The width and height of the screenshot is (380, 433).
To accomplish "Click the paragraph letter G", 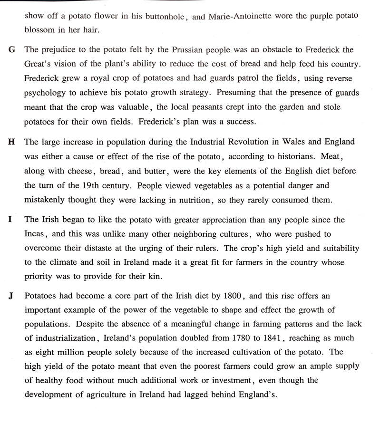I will click(11, 50).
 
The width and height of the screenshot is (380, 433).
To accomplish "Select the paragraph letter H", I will click(11, 142).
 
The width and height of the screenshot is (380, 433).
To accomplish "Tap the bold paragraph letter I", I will click(10, 221).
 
